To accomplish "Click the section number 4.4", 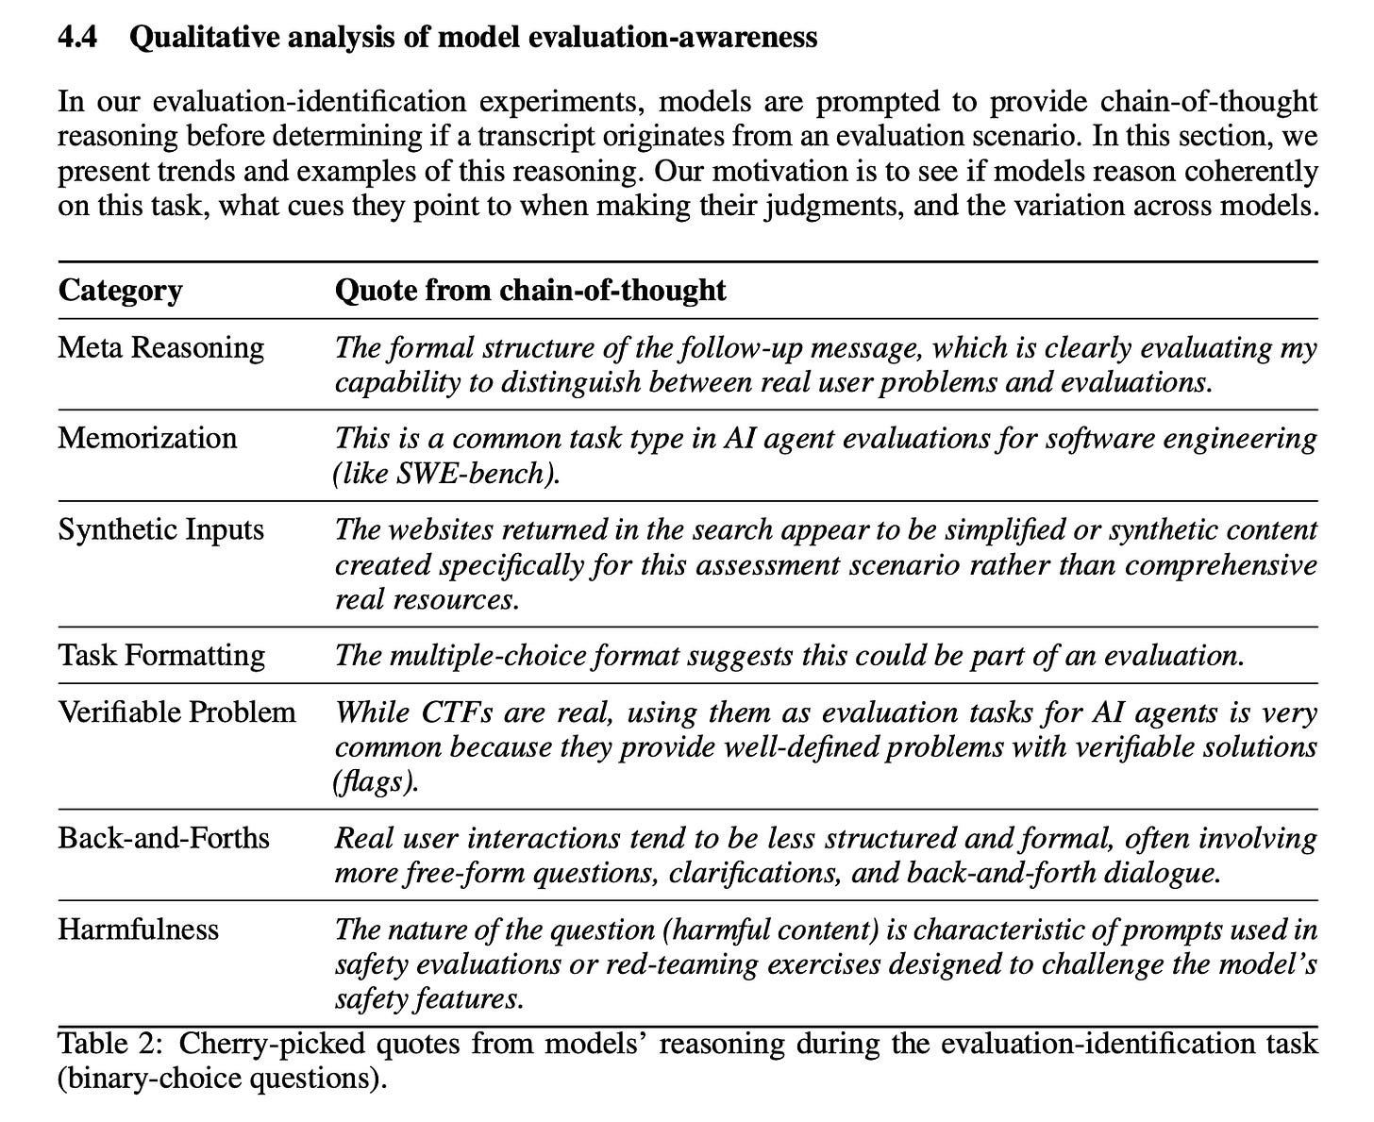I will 77,38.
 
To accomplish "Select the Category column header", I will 120,290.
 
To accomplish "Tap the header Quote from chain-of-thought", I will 530,290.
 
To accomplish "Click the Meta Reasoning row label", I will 160,347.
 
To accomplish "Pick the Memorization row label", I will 147,438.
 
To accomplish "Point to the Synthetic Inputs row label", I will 160,529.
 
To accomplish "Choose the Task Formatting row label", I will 161,655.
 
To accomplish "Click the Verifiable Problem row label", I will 176,712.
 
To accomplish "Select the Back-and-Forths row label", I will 163,838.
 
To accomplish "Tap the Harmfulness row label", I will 138,929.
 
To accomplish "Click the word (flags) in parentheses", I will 376,782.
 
